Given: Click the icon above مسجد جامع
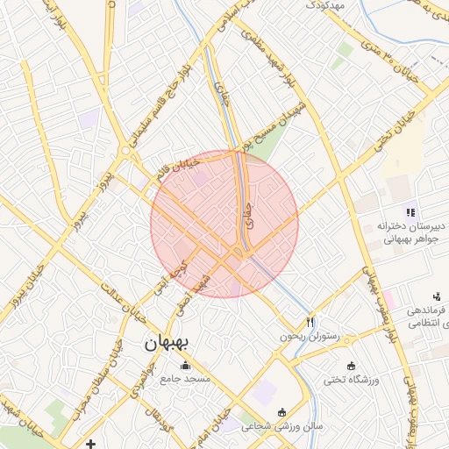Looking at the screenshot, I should [x=185, y=366].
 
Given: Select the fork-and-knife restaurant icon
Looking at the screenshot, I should [x=310, y=322].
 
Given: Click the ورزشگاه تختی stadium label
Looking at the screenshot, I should [x=352, y=380].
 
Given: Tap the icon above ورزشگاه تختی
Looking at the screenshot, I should [x=352, y=366].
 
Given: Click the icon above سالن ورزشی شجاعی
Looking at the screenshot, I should [x=282, y=412].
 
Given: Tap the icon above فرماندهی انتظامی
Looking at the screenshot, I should [x=437, y=298].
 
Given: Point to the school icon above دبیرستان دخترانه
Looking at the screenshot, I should [x=410, y=211].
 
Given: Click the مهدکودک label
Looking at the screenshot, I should [x=327, y=6].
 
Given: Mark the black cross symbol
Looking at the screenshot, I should [x=91, y=443].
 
